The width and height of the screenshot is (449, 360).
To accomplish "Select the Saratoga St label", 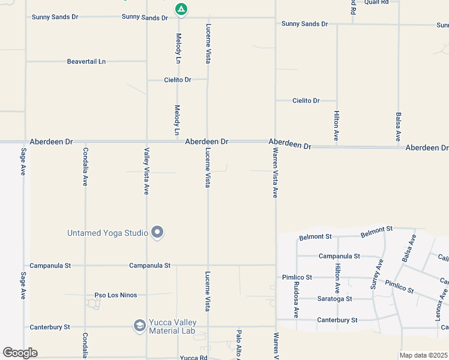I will [334, 298].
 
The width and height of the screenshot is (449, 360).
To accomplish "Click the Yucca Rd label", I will [193, 358].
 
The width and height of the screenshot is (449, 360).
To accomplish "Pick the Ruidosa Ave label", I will [295, 300].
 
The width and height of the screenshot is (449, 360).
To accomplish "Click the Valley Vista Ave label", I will [146, 171].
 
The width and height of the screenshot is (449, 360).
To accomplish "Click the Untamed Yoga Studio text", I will [107, 233].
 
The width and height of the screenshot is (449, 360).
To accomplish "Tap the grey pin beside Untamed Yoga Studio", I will [157, 232].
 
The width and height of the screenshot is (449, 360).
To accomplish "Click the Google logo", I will [20, 353].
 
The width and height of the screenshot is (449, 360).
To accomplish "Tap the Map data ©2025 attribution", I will [423, 355].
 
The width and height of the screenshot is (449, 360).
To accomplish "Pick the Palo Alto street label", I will [238, 344].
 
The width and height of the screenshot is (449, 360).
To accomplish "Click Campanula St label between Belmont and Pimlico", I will [339, 256].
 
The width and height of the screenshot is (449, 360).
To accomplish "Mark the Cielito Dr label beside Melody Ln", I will [178, 80].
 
